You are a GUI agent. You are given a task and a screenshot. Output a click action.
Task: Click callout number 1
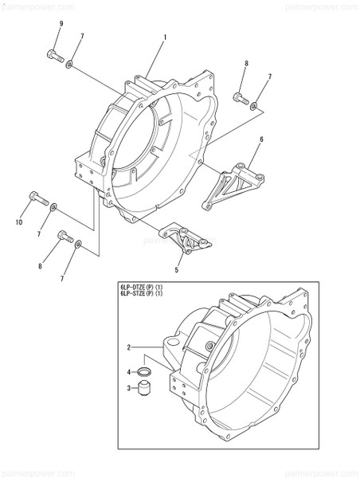point(164,37)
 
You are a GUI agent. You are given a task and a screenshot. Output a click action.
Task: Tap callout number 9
point(61,25)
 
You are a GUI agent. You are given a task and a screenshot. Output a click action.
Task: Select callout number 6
point(260,139)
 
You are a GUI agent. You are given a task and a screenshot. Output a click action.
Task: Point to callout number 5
point(177,270)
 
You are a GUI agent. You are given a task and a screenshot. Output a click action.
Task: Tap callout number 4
point(129,371)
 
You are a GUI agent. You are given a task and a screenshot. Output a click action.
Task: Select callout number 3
point(129,388)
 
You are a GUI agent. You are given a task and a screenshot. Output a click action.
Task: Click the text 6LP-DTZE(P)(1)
point(142,287)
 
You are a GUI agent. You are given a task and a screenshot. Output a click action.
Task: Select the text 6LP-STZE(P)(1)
point(142,295)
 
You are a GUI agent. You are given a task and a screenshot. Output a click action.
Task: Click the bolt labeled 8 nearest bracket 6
point(239,98)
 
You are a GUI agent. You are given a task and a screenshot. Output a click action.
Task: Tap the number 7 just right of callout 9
point(82,37)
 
